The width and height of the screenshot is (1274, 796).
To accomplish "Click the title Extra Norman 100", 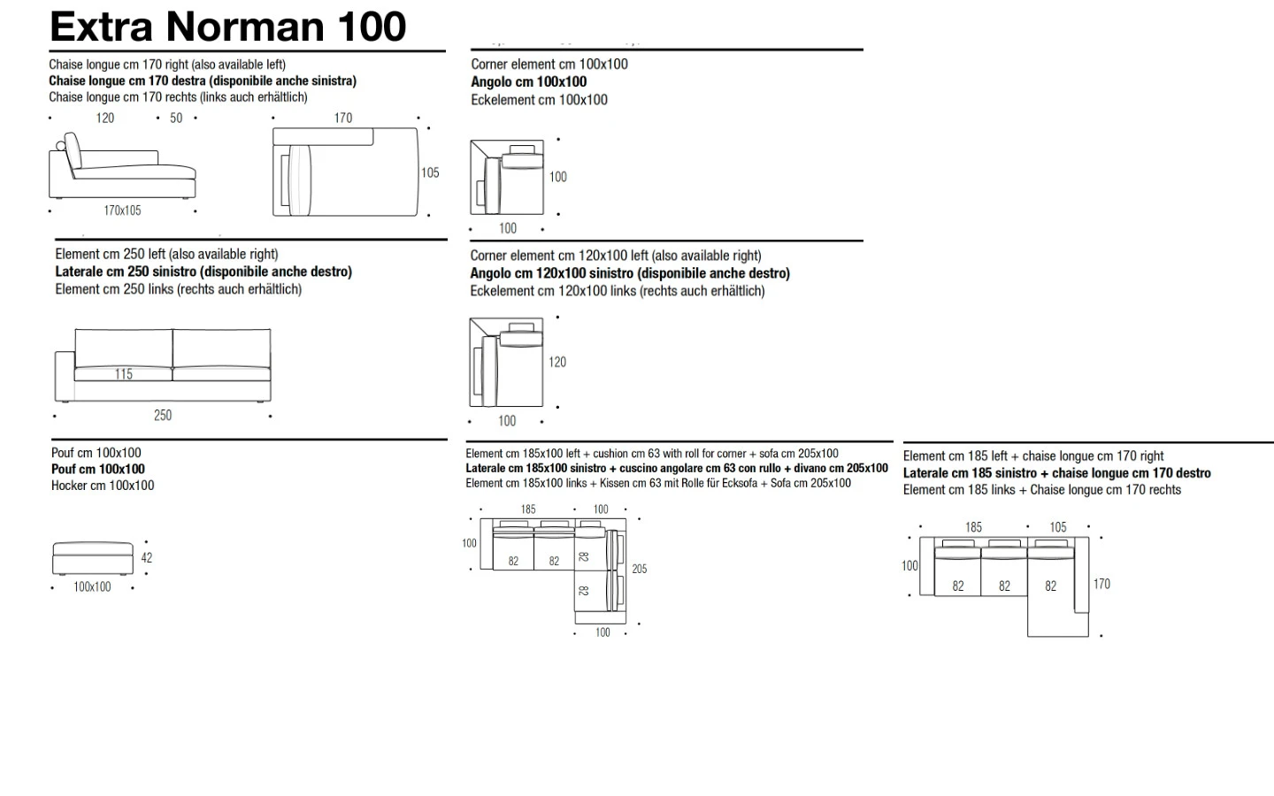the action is click(x=227, y=27).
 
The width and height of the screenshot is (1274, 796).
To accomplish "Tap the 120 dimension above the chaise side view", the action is click(x=104, y=119).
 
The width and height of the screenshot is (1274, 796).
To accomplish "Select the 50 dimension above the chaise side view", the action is click(x=176, y=119).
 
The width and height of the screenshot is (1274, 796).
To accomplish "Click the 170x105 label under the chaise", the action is click(x=122, y=210).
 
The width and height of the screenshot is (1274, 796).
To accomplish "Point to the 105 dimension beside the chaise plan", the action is click(x=430, y=172).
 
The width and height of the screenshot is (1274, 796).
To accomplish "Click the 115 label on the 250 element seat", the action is click(x=124, y=374).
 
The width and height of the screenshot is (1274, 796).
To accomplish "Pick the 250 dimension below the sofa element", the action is click(x=163, y=416).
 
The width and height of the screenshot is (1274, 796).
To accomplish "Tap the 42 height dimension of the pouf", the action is click(x=147, y=558).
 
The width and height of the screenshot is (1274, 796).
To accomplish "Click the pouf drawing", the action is click(x=93, y=558).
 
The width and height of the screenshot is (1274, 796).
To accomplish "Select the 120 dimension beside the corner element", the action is click(x=557, y=363).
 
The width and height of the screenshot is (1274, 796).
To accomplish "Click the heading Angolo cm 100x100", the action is click(x=528, y=82).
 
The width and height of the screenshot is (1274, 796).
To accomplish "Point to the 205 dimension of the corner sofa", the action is click(x=640, y=570).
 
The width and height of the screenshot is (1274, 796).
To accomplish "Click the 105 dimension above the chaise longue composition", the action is click(x=1058, y=527).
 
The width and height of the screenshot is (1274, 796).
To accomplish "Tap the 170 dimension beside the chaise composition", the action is click(x=1101, y=584).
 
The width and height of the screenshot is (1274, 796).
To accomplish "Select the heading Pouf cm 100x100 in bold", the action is click(x=98, y=470).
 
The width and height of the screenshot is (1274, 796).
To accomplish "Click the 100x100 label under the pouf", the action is click(x=92, y=586).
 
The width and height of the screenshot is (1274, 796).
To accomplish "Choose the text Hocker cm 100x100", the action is click(x=103, y=486).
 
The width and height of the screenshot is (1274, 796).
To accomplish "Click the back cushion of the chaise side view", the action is click(x=73, y=150).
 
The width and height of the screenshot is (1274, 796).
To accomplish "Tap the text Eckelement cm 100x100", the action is click(x=539, y=100).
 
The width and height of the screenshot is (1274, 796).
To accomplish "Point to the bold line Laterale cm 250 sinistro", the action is click(x=203, y=272).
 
